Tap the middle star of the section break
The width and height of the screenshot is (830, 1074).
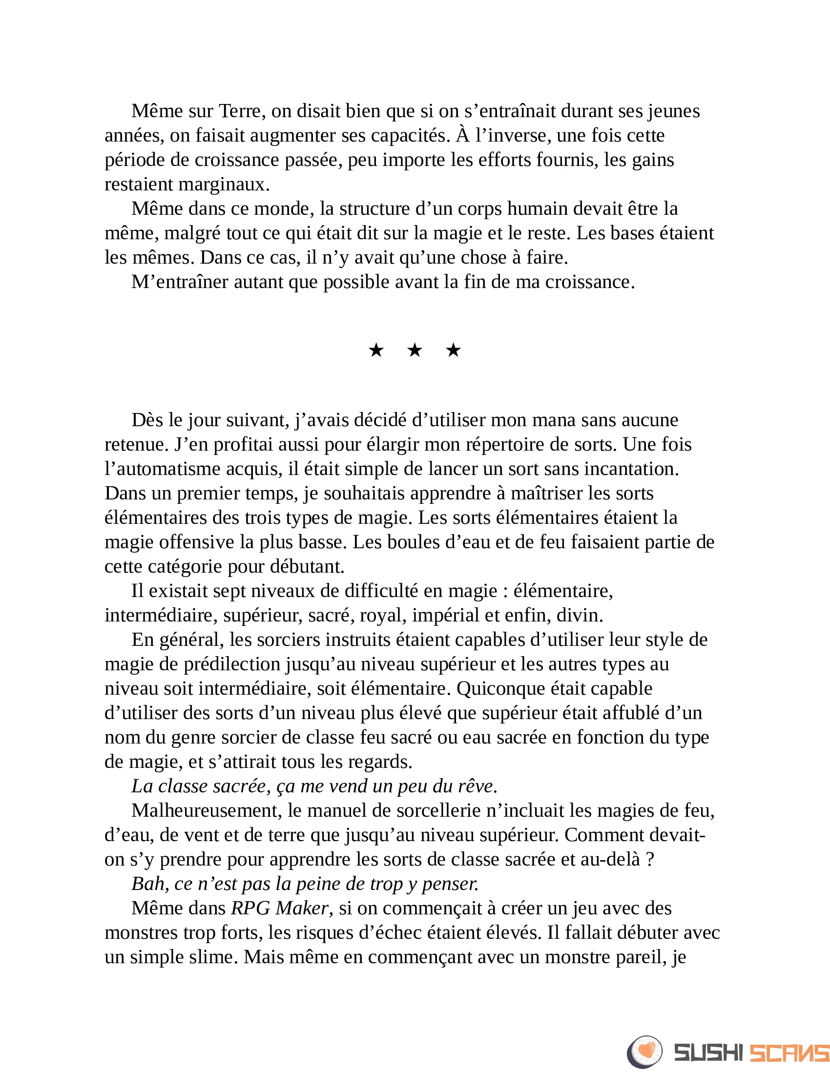pos(415,351)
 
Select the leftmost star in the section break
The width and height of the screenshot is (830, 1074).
pos(376,351)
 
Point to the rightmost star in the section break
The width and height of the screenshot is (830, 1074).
pos(453,351)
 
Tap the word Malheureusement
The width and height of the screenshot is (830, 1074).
pos(206,810)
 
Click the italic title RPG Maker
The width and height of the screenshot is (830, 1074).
pos(279,909)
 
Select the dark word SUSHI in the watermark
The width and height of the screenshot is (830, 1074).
pos(708,1053)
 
